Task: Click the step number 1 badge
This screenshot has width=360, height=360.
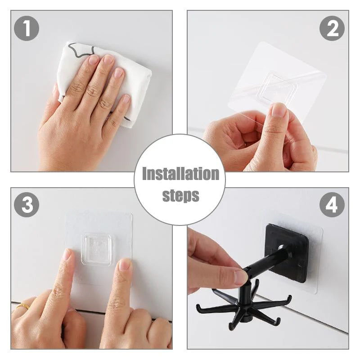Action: (27, 28)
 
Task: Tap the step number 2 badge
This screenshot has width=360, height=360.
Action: (332, 28)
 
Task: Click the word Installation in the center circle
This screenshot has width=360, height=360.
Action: (180, 174)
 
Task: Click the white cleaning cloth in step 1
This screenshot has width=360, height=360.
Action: (135, 85)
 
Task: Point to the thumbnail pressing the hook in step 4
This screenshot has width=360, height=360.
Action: (240, 276)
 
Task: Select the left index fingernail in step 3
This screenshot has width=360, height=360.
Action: (67, 256)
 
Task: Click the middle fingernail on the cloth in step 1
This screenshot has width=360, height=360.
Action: (108, 61)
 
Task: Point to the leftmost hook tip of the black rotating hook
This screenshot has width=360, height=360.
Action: (198, 308)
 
